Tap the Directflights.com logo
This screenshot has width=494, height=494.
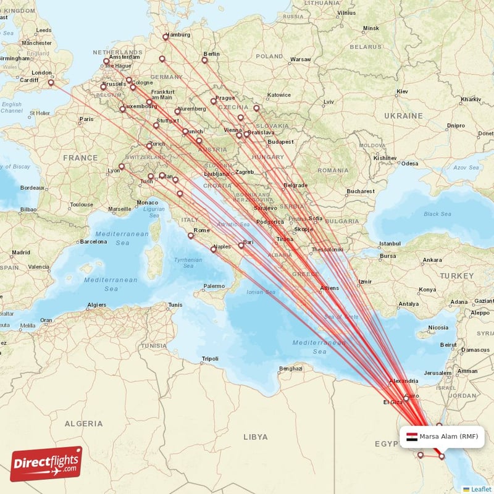tap(46, 464)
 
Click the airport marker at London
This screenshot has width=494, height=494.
tap(52, 82)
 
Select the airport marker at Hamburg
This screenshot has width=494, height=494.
tap(165, 36)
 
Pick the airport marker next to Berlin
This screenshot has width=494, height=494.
tap(204, 60)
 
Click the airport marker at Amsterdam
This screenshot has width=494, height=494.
tap(106, 61)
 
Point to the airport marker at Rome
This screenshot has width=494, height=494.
tap(191, 235)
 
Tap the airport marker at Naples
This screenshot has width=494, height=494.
tap(214, 249)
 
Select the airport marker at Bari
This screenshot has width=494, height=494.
tap(241, 245)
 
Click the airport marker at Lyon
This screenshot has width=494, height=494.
tap(122, 166)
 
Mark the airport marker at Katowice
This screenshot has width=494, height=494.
tap(256, 109)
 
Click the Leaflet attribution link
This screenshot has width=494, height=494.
tap(480, 489)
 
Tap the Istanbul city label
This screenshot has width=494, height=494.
tap(390, 243)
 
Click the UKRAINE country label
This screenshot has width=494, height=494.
tap(403, 116)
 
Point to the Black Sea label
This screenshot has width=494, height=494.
tap(437, 214)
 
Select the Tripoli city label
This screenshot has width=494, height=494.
tap(210, 359)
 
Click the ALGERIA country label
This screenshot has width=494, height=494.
tap(83, 424)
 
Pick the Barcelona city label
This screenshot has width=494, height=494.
tap(93, 241)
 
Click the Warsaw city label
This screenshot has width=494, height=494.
tap(301, 59)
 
